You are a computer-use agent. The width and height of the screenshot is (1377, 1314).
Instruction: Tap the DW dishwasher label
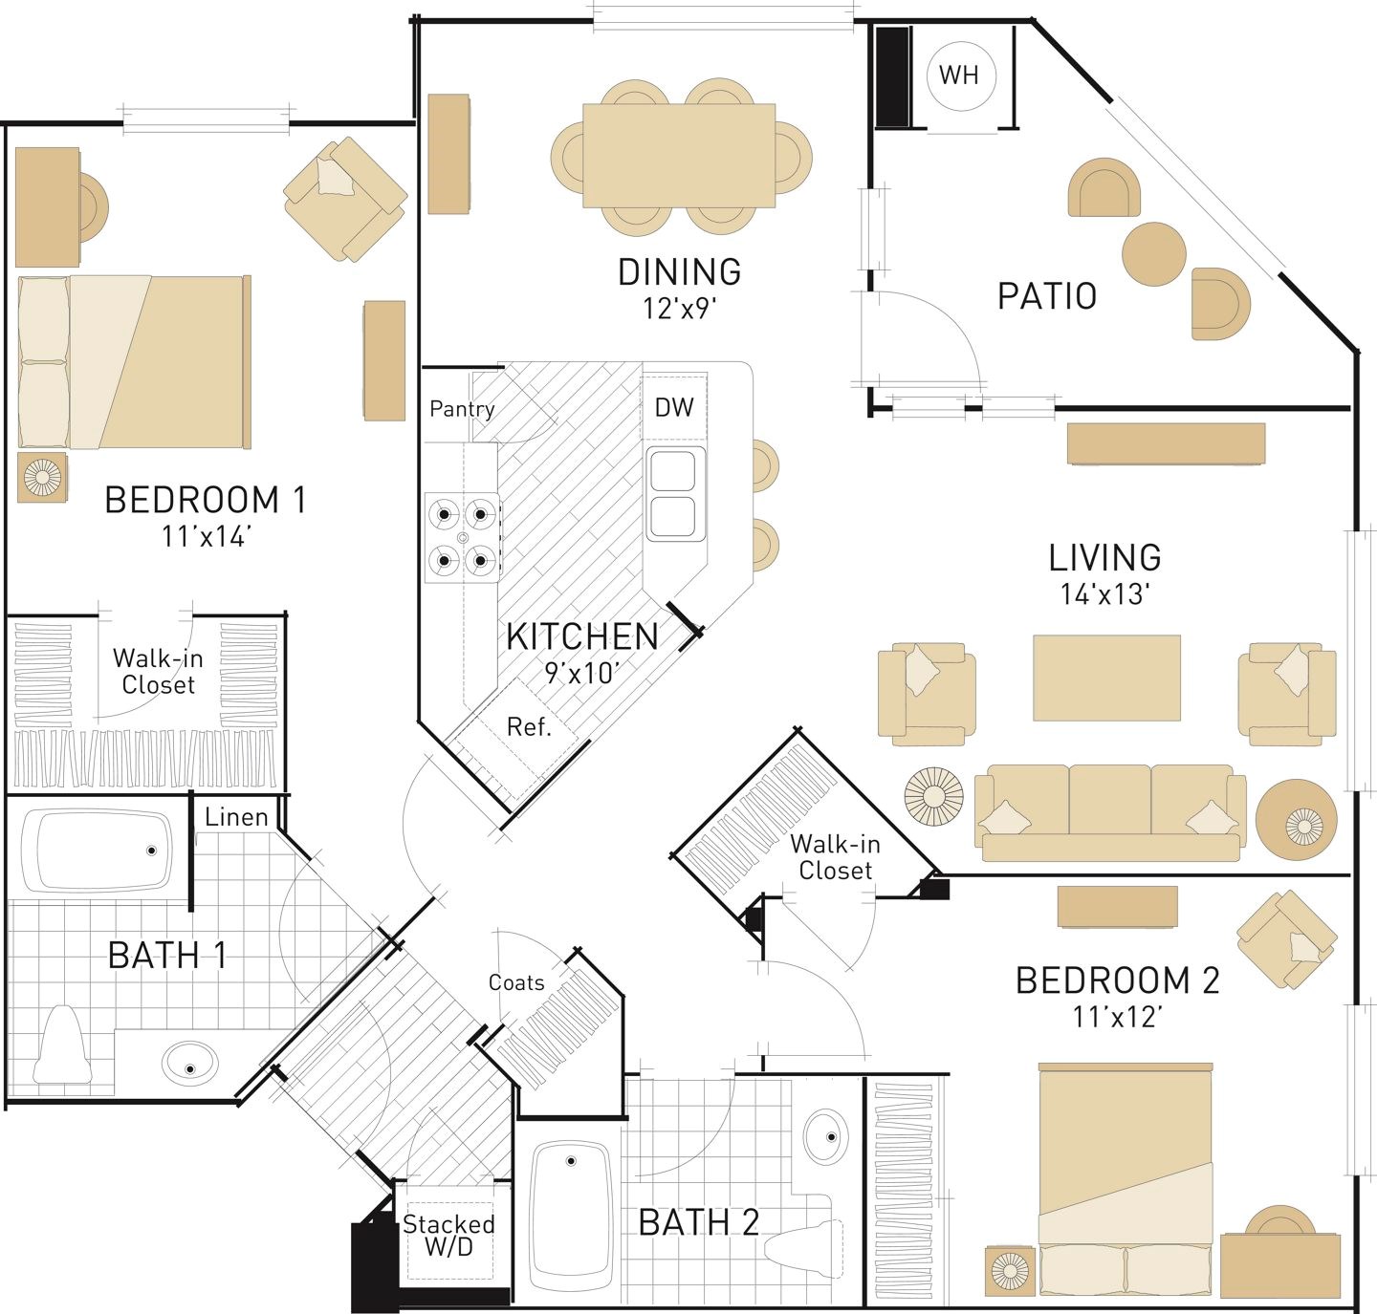[x=673, y=407]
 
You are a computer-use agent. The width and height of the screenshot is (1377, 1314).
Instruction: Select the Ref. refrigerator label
[x=529, y=726]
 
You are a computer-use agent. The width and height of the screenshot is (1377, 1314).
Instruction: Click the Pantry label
[x=461, y=409]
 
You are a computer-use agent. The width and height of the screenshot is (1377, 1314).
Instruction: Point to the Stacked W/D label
[x=448, y=1236]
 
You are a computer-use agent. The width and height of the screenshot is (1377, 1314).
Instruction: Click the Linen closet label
[x=236, y=817]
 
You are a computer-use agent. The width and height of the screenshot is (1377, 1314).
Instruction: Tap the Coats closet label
[x=516, y=982]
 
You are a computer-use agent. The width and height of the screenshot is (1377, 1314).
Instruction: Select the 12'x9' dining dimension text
[x=679, y=309]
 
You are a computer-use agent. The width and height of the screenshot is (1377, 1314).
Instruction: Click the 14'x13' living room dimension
[x=1104, y=594]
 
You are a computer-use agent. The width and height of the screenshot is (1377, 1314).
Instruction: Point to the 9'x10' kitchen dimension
[x=581, y=673]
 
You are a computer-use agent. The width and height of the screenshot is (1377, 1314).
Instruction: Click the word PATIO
[x=1046, y=295]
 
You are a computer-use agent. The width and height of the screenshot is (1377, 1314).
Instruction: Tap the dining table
[x=679, y=156]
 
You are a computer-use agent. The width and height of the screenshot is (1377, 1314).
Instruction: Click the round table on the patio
[x=1154, y=254]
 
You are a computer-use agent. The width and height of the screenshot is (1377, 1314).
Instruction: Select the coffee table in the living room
[x=1106, y=678]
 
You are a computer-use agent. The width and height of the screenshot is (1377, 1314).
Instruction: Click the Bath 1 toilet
[x=63, y=1044]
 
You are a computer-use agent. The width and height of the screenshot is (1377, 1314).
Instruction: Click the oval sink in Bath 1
[x=189, y=1063]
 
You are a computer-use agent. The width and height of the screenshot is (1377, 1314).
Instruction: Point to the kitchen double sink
[x=673, y=494]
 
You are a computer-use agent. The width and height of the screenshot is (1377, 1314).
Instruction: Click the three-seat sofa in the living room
[x=1109, y=813]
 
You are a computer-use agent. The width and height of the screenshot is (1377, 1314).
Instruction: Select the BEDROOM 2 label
[x=1117, y=980]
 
